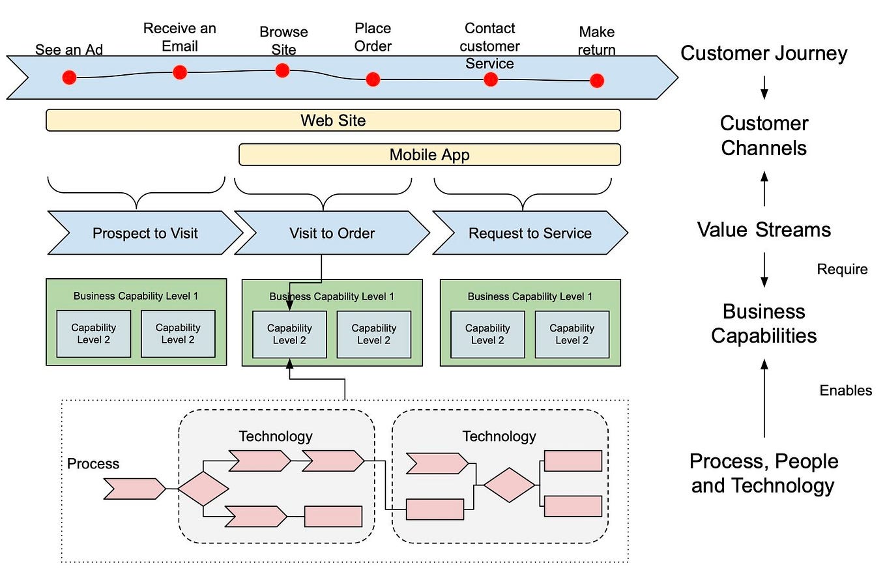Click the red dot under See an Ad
click(x=69, y=78)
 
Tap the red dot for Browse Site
click(x=282, y=70)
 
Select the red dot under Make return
click(x=597, y=81)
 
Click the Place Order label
click(x=373, y=37)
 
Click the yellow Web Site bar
click(x=333, y=121)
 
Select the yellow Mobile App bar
click(x=429, y=155)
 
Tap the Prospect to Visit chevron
click(x=145, y=233)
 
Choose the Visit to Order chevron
click(x=332, y=233)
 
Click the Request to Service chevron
click(x=530, y=233)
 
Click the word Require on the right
click(x=842, y=269)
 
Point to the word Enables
click(x=845, y=390)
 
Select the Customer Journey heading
click(x=764, y=53)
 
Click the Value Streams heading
click(x=764, y=229)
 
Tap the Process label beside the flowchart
click(x=93, y=464)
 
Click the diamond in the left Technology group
click(x=203, y=489)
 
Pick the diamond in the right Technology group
click(x=509, y=485)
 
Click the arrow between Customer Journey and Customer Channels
click(x=764, y=87)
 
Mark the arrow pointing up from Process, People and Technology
click(x=764, y=397)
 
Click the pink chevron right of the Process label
click(x=135, y=489)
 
